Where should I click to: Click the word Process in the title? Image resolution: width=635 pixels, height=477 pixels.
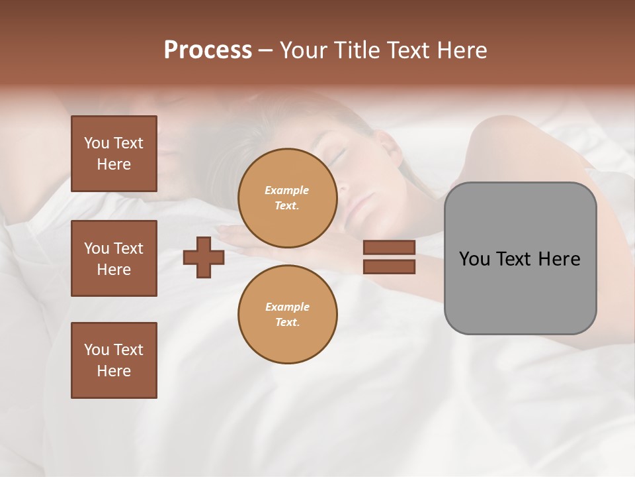click(x=208, y=50)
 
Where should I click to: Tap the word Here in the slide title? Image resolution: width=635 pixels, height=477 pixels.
click(x=462, y=50)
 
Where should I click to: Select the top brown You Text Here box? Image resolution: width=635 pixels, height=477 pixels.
click(x=114, y=154)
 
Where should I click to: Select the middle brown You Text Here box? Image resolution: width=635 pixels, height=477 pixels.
click(x=114, y=258)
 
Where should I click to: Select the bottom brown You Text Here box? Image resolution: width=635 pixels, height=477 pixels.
click(x=114, y=360)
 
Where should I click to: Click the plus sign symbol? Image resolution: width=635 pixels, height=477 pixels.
click(x=204, y=257)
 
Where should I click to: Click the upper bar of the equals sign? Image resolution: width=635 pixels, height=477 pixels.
click(x=390, y=247)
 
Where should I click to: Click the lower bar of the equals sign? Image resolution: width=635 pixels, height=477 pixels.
click(x=390, y=266)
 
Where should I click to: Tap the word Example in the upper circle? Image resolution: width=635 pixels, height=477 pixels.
click(x=287, y=190)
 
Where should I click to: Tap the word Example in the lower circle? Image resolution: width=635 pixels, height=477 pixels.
click(x=287, y=307)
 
